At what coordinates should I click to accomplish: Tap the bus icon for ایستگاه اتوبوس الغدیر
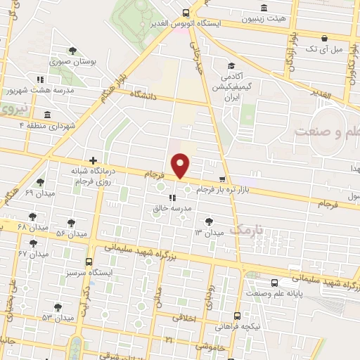click(x=186, y=12)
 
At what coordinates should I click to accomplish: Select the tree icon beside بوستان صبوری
click(x=73, y=50)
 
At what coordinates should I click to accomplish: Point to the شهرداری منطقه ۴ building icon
click(x=47, y=115)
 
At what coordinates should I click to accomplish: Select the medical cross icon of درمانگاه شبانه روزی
click(x=93, y=160)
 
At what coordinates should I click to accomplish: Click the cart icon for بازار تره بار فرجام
click(x=223, y=179)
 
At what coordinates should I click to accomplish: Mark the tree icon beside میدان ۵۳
click(x=56, y=307)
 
